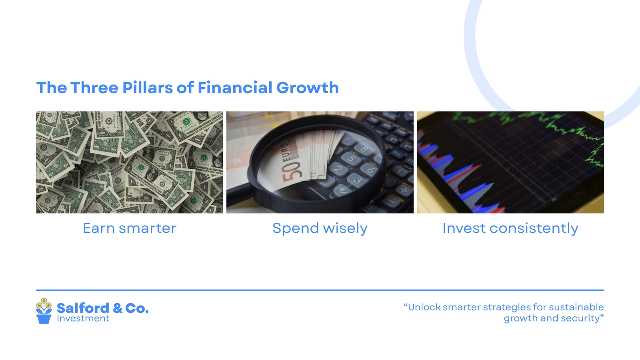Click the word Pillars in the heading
(x=148, y=88)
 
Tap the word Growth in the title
(x=308, y=88)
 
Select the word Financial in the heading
(x=235, y=88)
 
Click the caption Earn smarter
(x=130, y=228)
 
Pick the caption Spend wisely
(x=320, y=228)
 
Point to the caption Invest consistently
(x=510, y=228)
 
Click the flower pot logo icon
(x=44, y=311)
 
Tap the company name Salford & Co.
(x=102, y=308)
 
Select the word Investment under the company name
(x=83, y=318)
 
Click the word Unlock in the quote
(x=422, y=307)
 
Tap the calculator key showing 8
(x=364, y=149)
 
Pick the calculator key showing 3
(x=357, y=180)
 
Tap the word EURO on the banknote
(x=286, y=152)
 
